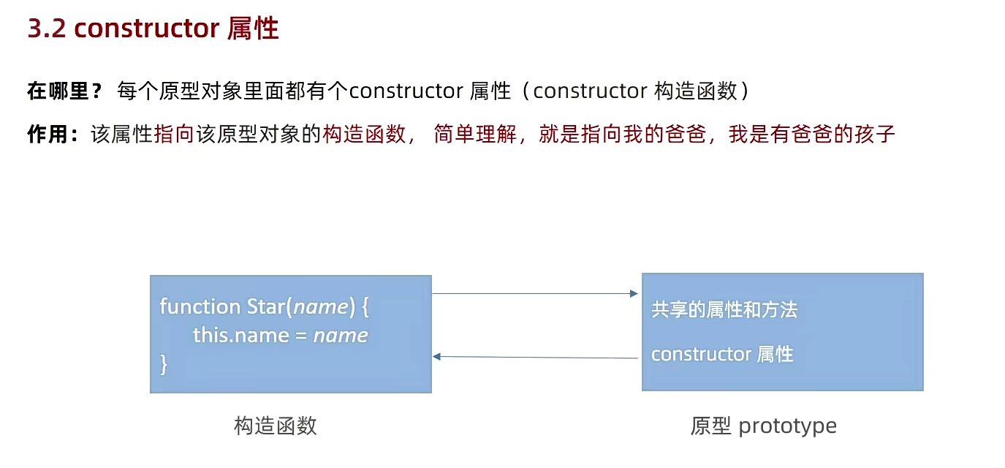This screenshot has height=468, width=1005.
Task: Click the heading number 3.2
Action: tap(47, 29)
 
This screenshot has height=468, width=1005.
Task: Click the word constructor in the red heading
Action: tap(147, 29)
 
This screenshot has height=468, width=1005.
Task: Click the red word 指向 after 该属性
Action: tap(173, 135)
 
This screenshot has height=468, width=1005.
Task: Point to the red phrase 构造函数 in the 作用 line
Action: tap(363, 135)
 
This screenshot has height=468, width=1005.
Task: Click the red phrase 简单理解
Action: tap(474, 135)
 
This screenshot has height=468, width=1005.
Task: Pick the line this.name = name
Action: tap(280, 335)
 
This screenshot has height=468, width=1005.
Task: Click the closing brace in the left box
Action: tap(164, 363)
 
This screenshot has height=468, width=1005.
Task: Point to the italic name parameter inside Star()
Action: tap(320, 306)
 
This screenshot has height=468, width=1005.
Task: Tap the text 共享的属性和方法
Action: tap(724, 310)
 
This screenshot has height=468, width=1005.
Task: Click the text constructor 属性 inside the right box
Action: tap(722, 355)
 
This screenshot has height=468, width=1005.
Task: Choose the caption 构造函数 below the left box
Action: tap(276, 426)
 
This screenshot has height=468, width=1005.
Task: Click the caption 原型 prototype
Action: tap(763, 426)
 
